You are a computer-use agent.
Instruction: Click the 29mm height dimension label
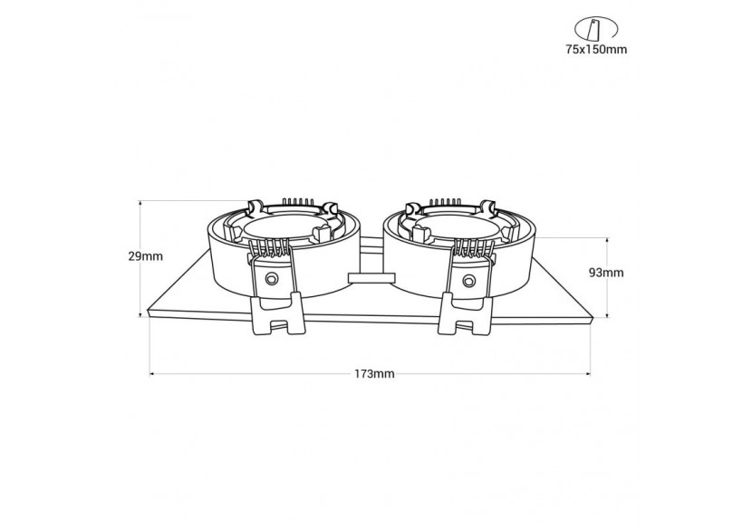(145, 256)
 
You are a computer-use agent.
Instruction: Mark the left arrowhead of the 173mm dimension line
(153, 372)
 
